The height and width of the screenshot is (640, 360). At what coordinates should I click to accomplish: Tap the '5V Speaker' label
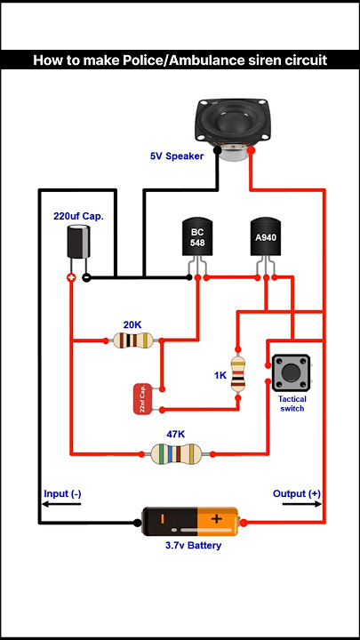[x=176, y=156]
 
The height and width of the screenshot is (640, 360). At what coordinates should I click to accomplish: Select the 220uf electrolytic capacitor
[x=78, y=243]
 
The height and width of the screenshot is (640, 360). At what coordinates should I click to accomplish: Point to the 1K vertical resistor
[x=238, y=373]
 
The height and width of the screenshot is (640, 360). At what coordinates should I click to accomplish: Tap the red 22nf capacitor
[x=142, y=400]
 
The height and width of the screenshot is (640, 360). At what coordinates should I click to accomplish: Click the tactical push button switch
[x=290, y=372]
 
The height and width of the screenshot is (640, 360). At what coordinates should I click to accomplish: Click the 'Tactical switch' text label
[x=292, y=404]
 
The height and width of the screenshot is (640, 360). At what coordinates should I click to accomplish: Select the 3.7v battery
[x=190, y=522]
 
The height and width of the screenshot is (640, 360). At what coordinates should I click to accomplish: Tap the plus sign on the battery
[x=216, y=520]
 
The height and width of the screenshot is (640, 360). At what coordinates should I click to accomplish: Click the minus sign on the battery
[x=163, y=520]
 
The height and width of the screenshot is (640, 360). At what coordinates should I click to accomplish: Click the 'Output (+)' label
[x=296, y=493]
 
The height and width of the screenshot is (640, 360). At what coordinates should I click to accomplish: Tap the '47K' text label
[x=176, y=434]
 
